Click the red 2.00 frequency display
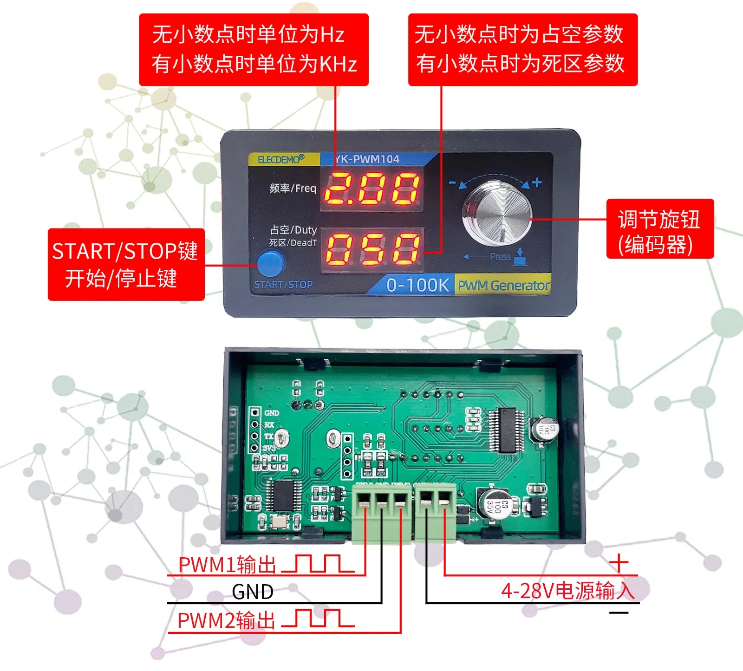(372, 189)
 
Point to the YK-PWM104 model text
(367, 159)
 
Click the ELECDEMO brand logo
(281, 159)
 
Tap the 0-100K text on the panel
(417, 285)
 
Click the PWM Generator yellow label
(503, 285)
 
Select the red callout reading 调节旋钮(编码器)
(659, 229)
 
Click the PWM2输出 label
(226, 621)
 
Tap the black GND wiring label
(252, 592)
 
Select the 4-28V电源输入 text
(567, 591)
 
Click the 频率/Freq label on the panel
(293, 188)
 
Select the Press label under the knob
(501, 257)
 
